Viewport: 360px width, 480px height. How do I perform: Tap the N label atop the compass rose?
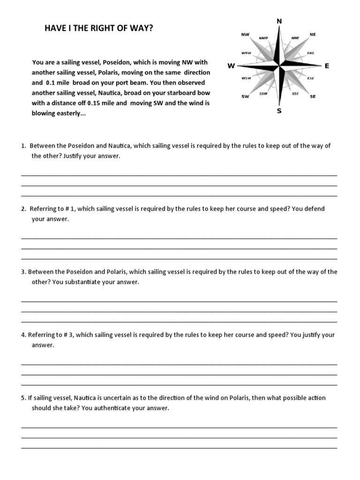click(x=279, y=21)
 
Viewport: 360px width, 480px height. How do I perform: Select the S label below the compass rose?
click(x=279, y=111)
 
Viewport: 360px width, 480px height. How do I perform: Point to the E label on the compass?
click(x=327, y=66)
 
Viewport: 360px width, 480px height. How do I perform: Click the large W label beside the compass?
click(x=231, y=66)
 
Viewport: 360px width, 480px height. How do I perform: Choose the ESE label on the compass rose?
click(x=310, y=78)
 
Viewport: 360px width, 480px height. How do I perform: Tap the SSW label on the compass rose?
click(x=263, y=94)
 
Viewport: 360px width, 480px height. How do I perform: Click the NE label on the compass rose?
click(x=313, y=35)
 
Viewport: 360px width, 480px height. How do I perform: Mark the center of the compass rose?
click(x=279, y=66)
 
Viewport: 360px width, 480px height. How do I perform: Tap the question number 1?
click(x=23, y=146)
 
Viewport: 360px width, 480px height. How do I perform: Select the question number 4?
click(x=23, y=335)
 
